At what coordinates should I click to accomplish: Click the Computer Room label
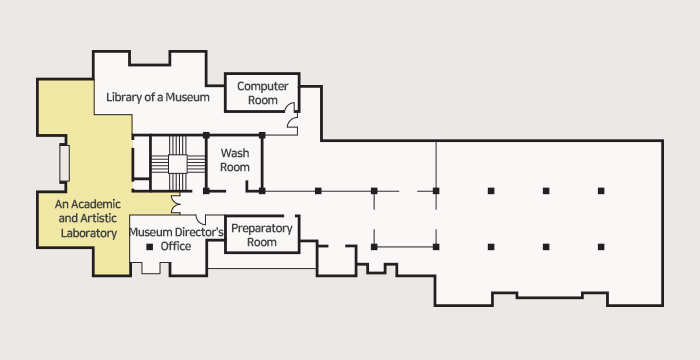262,93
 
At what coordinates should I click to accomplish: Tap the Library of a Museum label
158,97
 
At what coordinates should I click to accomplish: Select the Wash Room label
235,160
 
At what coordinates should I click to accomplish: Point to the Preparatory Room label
262,235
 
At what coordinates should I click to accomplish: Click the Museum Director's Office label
176,239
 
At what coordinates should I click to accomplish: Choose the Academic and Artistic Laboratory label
88,218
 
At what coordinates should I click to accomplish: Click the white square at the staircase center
177,164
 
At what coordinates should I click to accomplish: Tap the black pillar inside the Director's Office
150,247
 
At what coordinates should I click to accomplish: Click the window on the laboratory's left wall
64,163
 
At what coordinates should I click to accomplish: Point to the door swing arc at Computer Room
292,115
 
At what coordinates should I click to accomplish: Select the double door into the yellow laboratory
175,204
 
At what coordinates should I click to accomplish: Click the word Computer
262,86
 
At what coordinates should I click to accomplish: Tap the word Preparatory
262,229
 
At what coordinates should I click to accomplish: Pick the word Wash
235,153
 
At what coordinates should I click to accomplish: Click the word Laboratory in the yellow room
89,233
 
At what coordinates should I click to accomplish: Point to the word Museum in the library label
188,97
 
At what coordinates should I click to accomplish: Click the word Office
176,246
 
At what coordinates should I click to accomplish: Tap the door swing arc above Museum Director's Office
200,218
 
